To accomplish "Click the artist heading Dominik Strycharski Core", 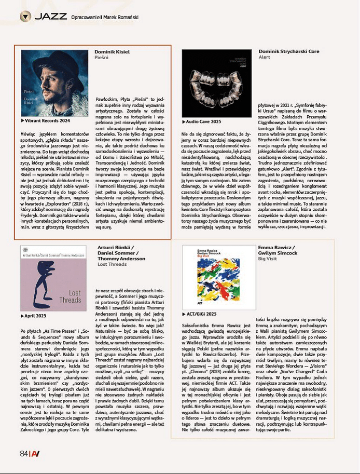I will (288, 51).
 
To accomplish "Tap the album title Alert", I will (265, 58).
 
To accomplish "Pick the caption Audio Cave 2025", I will (203, 120).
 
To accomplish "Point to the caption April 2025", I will (36, 315).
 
